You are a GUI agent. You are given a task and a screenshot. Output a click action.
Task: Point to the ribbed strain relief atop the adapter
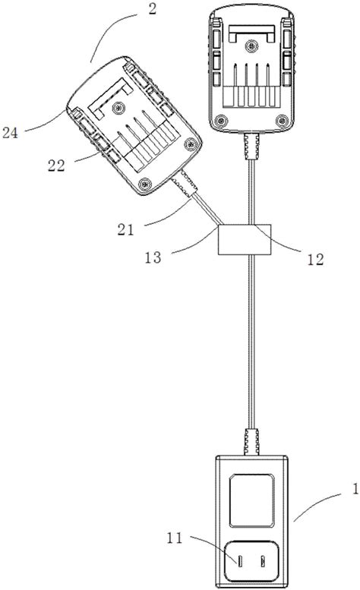[x=250, y=441]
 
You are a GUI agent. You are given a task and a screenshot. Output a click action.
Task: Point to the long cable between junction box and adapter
[x=250, y=342]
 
